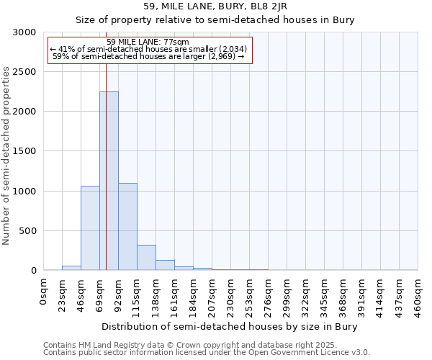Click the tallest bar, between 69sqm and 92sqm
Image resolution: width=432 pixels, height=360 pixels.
(x=109, y=181)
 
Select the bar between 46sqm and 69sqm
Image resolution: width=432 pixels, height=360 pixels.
(x=90, y=228)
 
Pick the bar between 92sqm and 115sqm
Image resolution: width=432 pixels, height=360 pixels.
(x=127, y=226)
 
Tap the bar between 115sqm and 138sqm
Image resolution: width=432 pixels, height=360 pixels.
(x=146, y=257)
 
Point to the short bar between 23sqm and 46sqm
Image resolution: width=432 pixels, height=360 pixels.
(x=71, y=268)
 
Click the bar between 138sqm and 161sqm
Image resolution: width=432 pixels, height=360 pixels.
(x=165, y=265)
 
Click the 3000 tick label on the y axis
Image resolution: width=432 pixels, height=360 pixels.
(x=24, y=32)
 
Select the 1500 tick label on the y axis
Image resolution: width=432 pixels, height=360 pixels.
(x=24, y=151)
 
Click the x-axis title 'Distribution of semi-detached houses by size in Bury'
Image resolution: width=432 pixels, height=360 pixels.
(x=230, y=326)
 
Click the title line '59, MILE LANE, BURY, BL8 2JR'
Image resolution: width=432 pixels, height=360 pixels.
(x=215, y=6)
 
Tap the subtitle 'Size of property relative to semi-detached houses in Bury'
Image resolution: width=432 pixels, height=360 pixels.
(x=215, y=19)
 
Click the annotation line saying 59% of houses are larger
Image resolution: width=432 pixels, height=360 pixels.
(x=148, y=56)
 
